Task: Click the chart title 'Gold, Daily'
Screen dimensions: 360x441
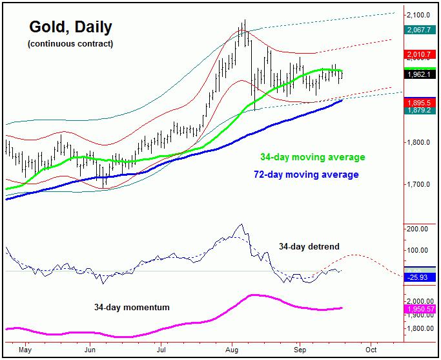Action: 70,27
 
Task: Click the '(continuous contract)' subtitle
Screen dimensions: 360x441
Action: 70,44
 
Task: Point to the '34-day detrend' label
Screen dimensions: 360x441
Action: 309,246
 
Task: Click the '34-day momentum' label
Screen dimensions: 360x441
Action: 132,307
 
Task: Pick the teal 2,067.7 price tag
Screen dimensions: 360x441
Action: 419,30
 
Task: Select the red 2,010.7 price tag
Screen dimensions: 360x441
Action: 419,54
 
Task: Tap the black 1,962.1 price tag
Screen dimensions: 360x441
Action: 419,74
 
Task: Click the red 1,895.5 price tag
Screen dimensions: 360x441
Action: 419,103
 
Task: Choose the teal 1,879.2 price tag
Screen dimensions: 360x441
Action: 419,111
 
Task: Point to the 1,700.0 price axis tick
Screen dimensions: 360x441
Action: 419,185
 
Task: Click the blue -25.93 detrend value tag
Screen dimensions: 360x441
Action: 419,277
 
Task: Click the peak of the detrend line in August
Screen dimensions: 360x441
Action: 241,224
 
